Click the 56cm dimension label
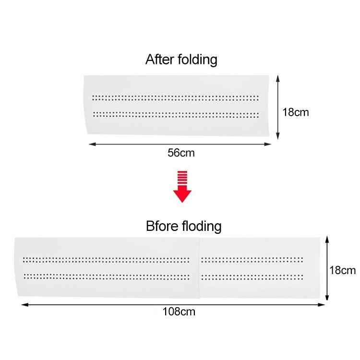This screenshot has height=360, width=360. pos(181,153)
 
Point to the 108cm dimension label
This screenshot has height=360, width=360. pos(179,312)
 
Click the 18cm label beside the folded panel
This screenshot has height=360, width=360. pos(295,113)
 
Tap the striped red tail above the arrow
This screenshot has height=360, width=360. pos(182,179)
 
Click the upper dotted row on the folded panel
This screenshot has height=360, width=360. pos(175,97)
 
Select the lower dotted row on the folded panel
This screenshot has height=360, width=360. pos(175,114)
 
